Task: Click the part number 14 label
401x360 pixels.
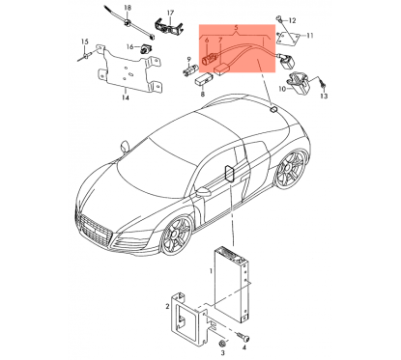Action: point(124,97)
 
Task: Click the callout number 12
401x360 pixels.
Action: point(295,19)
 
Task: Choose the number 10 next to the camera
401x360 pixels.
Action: point(283,89)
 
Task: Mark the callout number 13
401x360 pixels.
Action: point(324,97)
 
